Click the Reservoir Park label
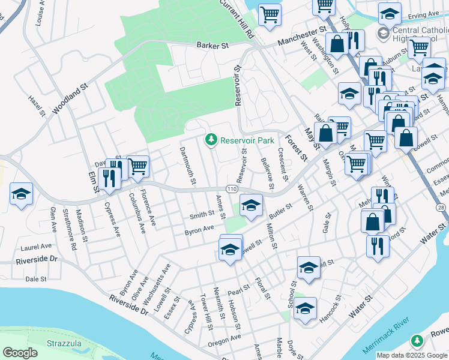pyautogui.click(x=247, y=140)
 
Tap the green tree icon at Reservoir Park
pyautogui.click(x=211, y=140)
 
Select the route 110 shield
pyautogui.click(x=231, y=190)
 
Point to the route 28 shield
pyautogui.click(x=441, y=207)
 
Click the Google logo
pyautogui.click(x=20, y=353)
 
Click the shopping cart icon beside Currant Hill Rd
pyautogui.click(x=270, y=14)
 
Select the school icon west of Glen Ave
pyautogui.click(x=21, y=194)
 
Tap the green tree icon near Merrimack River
pyautogui.click(x=417, y=341)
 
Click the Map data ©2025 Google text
pyautogui.click(x=412, y=355)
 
